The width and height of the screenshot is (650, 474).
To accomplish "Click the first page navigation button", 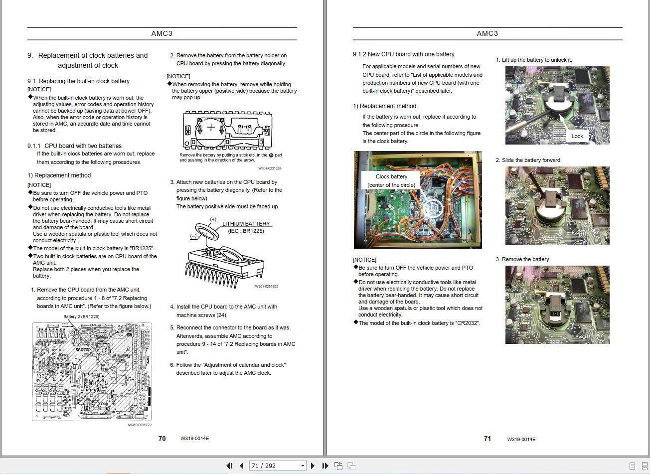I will click(229, 466).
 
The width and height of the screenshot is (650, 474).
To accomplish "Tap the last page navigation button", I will click(325, 466).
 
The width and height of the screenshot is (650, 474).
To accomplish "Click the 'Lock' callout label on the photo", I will click(577, 136).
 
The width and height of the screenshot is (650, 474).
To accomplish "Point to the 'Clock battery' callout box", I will click(391, 180).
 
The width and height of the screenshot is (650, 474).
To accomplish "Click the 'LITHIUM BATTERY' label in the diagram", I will click(246, 224).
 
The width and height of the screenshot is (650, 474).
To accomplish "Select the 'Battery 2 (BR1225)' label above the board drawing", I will click(81, 316).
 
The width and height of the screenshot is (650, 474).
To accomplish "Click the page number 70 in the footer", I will click(162, 439).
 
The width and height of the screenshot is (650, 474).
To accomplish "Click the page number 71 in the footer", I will click(487, 439).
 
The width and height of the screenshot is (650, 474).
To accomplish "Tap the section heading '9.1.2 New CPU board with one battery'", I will click(403, 54).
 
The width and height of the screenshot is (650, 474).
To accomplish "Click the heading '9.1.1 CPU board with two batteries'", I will click(74, 146).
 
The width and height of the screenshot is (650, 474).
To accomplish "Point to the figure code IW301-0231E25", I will click(266, 287).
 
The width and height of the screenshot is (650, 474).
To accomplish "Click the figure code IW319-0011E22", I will click(140, 425).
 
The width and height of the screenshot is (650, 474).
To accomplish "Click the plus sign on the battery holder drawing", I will click(211, 127).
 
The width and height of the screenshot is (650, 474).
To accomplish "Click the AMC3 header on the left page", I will click(162, 33).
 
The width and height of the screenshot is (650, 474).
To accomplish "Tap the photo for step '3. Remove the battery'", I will click(557, 305).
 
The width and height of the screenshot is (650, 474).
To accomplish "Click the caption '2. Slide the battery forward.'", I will click(528, 160).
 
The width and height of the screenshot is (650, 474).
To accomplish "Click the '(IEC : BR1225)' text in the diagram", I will click(246, 231).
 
